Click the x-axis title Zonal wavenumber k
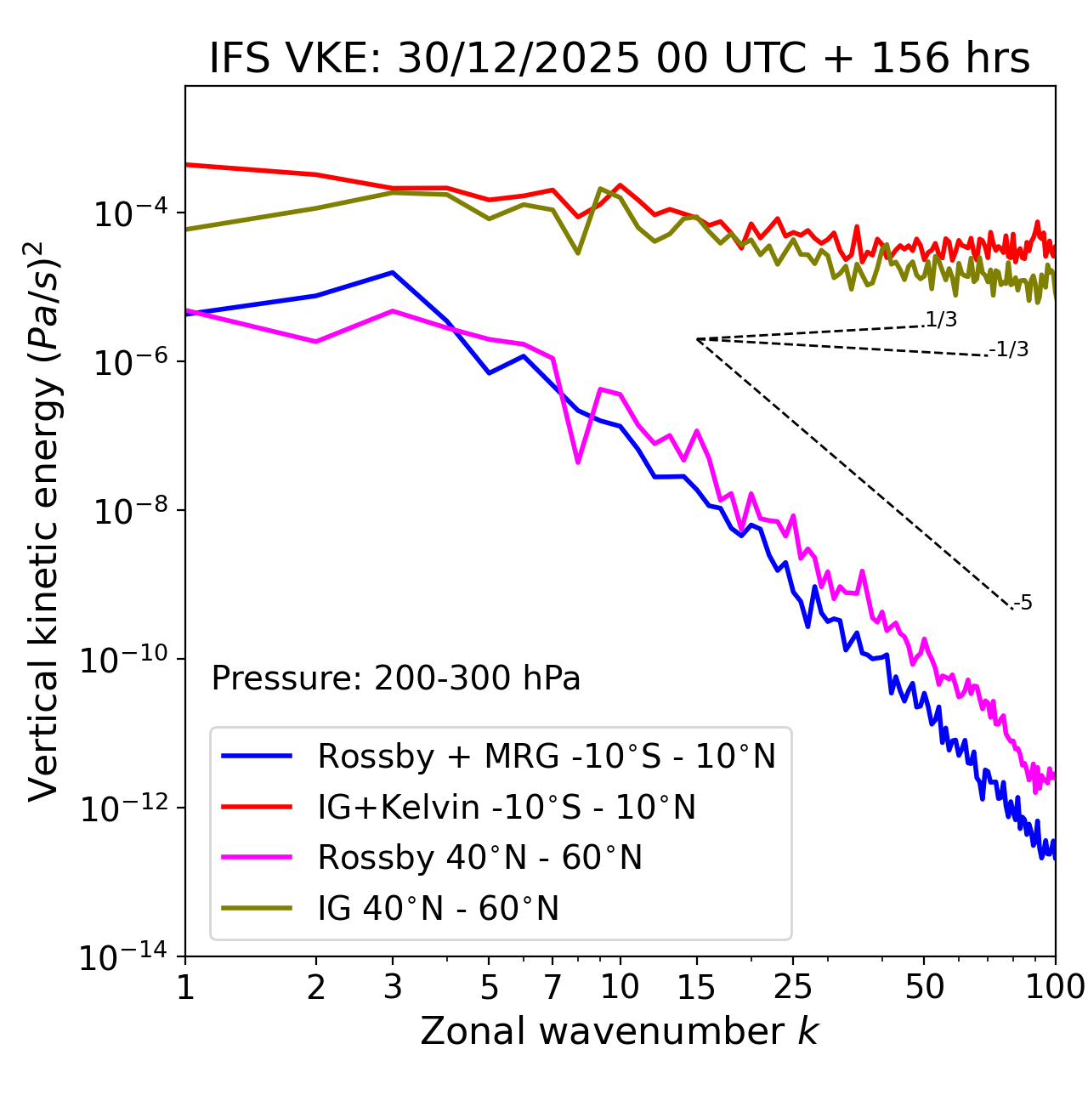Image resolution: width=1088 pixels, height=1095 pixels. click(619, 1030)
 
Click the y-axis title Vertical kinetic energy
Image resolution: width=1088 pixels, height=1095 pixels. click(44, 520)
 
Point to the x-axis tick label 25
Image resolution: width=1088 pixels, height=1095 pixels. click(792, 987)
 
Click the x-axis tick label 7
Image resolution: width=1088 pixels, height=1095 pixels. click(552, 987)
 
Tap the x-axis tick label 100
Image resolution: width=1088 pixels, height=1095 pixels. click(1054, 987)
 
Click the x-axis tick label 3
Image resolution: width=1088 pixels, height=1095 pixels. click(392, 987)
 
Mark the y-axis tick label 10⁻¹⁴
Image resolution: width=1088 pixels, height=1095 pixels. click(123, 956)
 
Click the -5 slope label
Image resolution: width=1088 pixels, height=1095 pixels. click(1023, 604)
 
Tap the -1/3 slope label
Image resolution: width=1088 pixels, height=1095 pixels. click(1009, 349)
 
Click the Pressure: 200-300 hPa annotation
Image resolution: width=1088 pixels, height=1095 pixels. click(395, 678)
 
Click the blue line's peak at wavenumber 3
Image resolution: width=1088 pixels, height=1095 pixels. click(392, 272)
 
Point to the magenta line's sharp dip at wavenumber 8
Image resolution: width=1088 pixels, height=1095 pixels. click(578, 462)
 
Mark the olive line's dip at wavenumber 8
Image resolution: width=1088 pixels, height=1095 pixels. click(578, 252)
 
